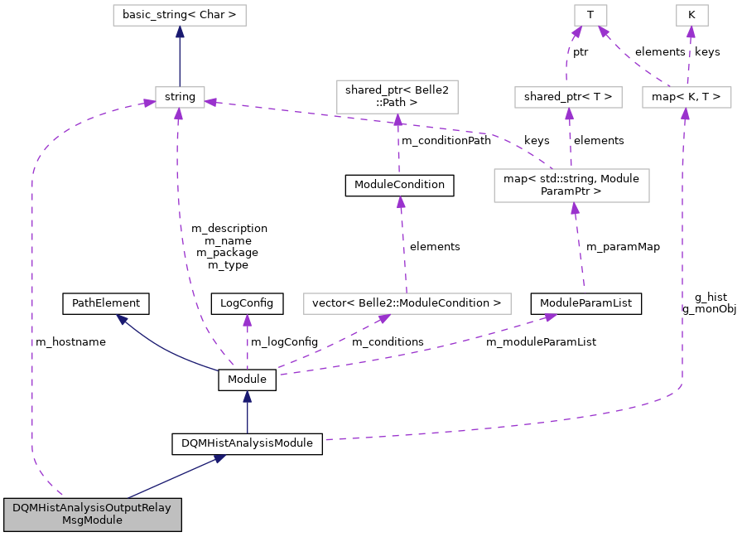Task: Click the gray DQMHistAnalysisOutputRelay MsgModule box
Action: [92, 515]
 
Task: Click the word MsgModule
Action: [92, 520]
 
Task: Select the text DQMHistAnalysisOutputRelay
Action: [92, 508]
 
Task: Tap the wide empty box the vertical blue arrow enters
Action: [179, 15]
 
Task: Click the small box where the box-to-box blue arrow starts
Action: [180, 97]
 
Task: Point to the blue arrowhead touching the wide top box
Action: [180, 31]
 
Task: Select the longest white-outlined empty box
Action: [407, 303]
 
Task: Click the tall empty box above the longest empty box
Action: [397, 97]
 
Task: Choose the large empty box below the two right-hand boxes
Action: [571, 186]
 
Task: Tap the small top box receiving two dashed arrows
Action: [590, 15]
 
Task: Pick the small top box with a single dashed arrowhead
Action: [691, 15]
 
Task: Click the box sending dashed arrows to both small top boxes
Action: [687, 97]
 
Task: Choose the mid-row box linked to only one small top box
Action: [568, 97]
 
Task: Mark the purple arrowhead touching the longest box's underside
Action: [384, 319]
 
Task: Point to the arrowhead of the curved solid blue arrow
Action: [122, 319]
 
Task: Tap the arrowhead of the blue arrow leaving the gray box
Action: [219, 457]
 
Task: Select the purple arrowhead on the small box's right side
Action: [211, 102]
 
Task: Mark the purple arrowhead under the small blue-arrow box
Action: [178, 114]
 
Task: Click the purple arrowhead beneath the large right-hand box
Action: [575, 209]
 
